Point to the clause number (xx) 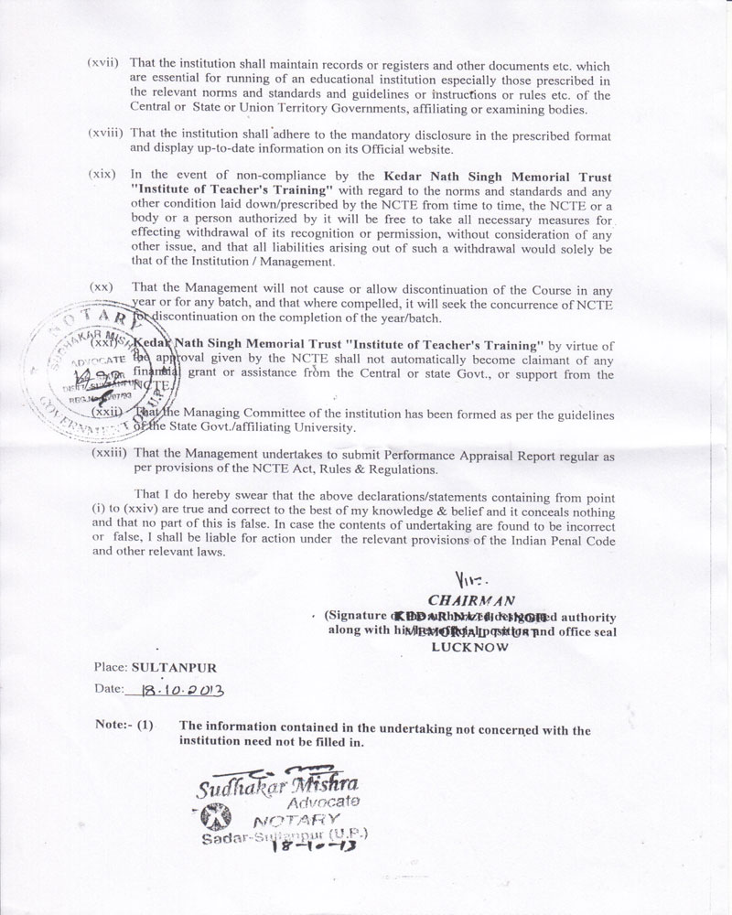click(102, 287)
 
